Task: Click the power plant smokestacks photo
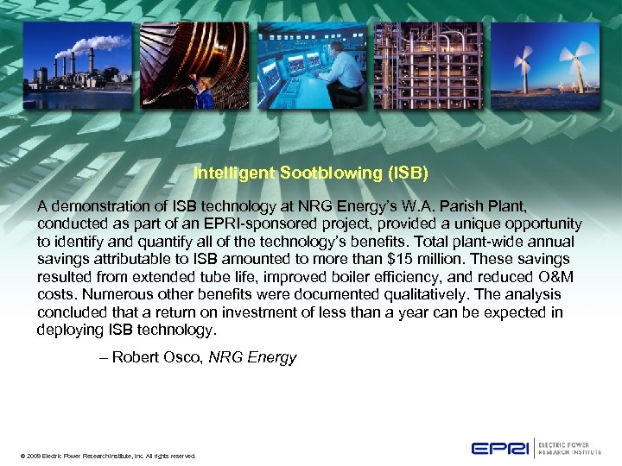(77, 65)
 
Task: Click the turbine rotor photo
(193, 65)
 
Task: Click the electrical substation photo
(428, 65)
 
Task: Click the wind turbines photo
(545, 65)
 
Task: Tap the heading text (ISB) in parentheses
(406, 173)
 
